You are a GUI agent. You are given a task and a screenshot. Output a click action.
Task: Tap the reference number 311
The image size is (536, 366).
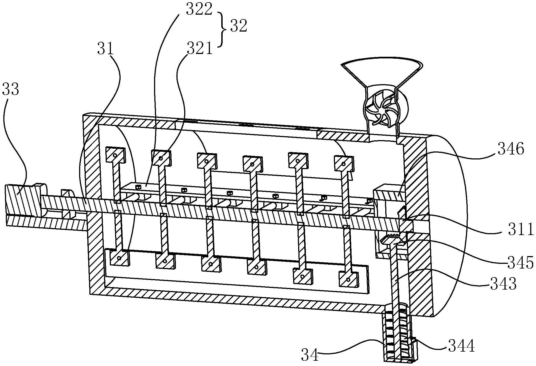click(520, 230)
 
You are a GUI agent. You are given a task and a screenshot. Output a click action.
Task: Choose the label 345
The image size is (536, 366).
click(520, 262)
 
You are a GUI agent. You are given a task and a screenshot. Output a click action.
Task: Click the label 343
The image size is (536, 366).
click(503, 284)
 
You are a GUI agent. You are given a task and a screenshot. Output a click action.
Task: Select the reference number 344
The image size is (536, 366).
click(462, 346)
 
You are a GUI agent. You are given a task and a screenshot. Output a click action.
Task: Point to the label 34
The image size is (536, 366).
click(310, 355)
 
